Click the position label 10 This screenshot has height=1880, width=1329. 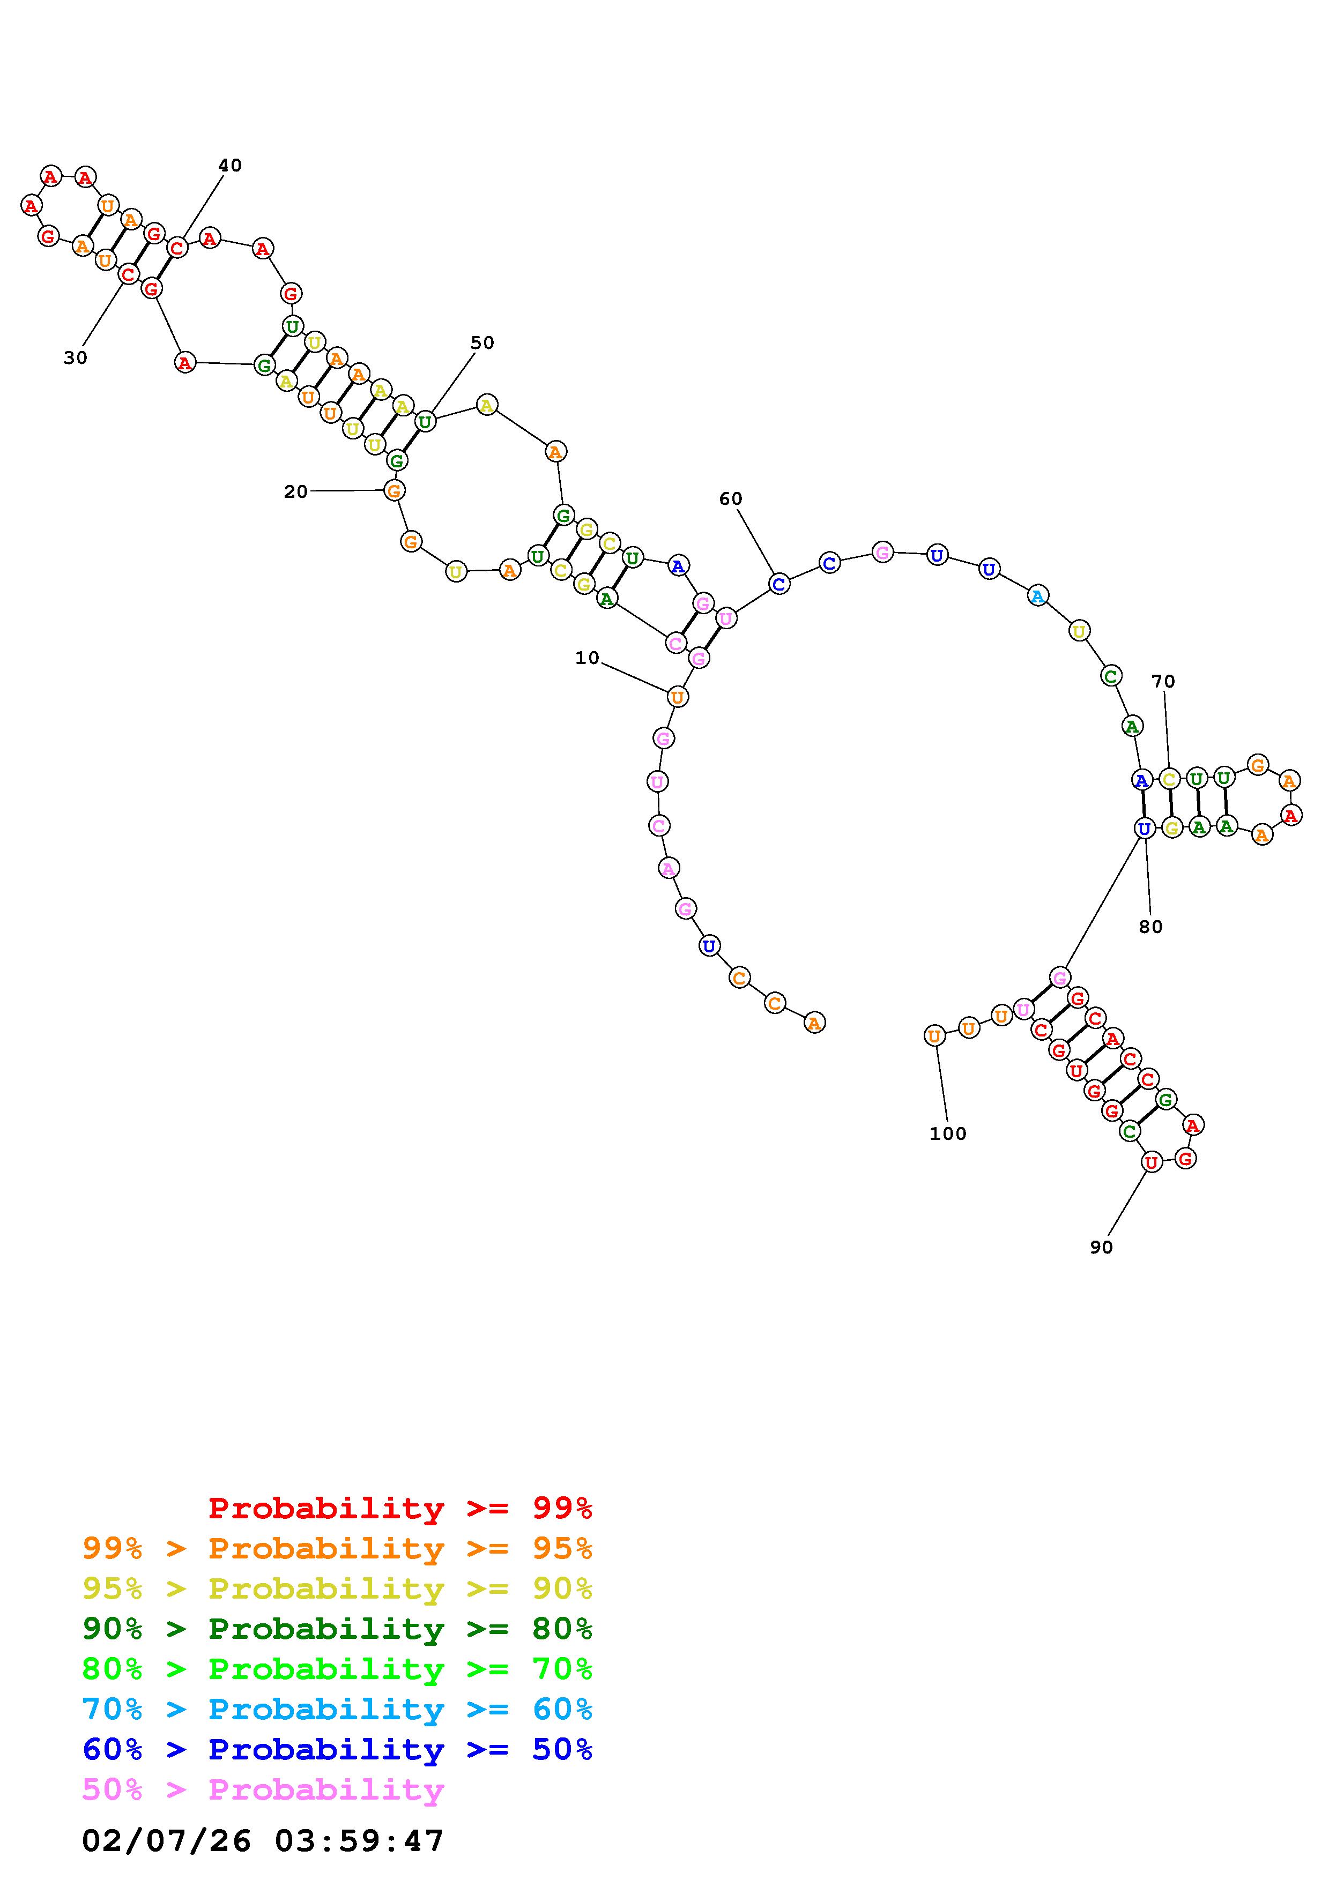(587, 658)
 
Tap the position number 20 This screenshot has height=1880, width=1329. (295, 491)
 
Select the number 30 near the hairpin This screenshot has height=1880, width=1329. (76, 358)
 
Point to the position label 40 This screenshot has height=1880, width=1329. (230, 166)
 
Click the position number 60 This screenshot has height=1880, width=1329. (730, 498)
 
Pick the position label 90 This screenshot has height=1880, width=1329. (1101, 1247)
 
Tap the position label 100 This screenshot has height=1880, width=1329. (948, 1134)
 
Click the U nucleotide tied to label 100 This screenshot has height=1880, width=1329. (934, 1036)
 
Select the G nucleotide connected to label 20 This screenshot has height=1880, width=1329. (395, 490)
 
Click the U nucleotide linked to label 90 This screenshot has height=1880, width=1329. (1152, 1162)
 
